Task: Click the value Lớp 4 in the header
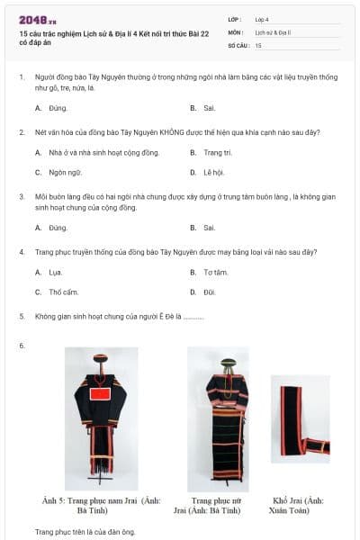[x=261, y=18]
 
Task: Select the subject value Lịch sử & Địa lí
[x=274, y=31]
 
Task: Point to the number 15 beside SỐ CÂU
[x=258, y=44]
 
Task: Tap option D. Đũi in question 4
[x=209, y=292]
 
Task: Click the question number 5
[x=22, y=317]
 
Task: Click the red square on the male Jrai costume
[x=100, y=393]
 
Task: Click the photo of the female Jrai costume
[x=218, y=418]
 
